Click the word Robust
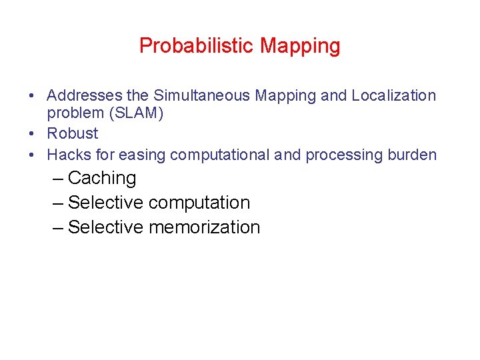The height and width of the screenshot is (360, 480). coord(72,133)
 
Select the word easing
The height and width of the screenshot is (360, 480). coord(142,155)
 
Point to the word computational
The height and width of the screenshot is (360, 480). coord(219,155)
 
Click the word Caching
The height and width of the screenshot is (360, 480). coord(102,178)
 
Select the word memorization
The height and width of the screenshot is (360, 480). coord(204,227)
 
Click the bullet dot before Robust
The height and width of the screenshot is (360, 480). coord(32,134)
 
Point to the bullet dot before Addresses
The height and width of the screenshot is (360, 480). coord(32,96)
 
